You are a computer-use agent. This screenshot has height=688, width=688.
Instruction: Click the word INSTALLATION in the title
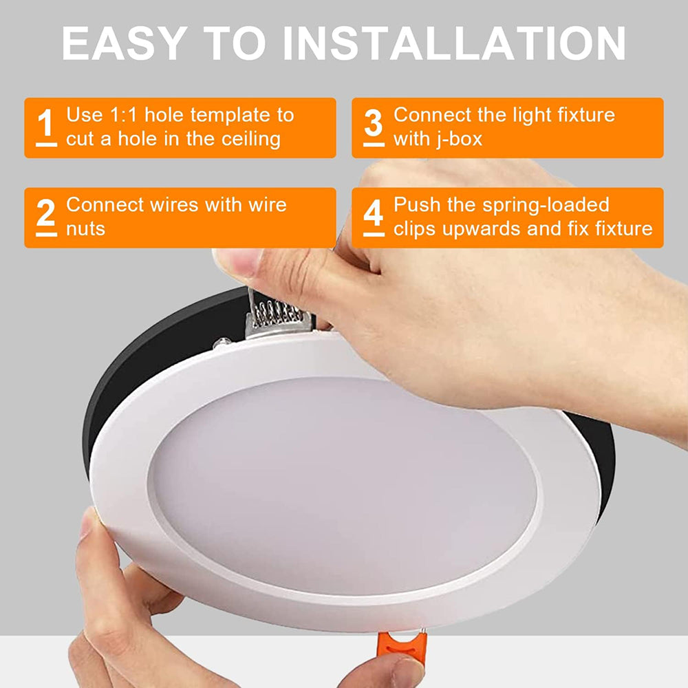(x=454, y=43)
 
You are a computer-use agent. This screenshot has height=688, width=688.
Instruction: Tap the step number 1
(x=46, y=125)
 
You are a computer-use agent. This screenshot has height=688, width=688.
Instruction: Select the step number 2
(x=46, y=215)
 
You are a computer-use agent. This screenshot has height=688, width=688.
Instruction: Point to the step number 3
(x=374, y=125)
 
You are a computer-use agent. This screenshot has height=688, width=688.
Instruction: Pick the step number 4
(x=374, y=215)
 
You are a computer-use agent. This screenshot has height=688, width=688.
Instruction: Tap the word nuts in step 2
(x=85, y=228)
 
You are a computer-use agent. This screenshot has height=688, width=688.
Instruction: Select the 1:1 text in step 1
(x=125, y=115)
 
